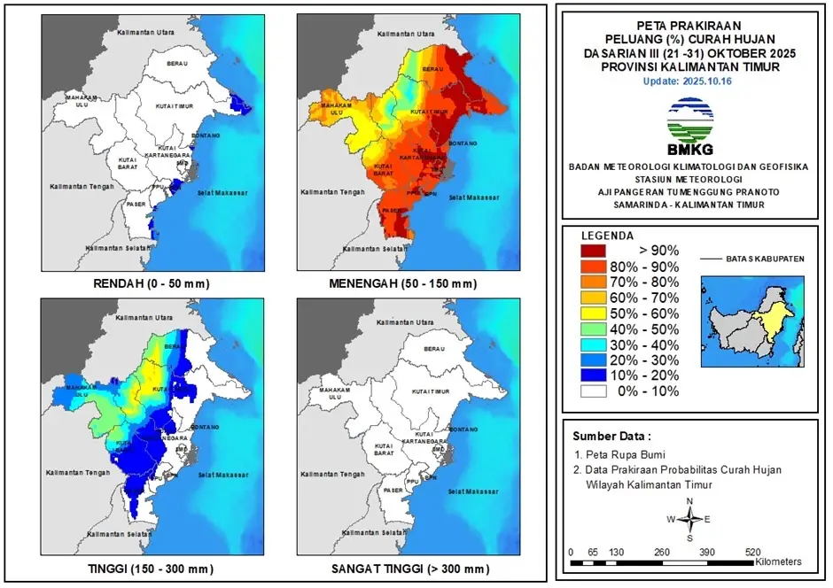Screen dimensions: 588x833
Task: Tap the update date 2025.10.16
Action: click(x=690, y=81)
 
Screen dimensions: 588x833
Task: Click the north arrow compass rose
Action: click(x=690, y=520)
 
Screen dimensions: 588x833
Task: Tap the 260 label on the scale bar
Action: click(x=662, y=552)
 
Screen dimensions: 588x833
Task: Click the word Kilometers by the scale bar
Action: click(x=778, y=562)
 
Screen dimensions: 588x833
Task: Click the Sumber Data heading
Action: click(x=611, y=437)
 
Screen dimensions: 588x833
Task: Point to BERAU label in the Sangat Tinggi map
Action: click(x=434, y=350)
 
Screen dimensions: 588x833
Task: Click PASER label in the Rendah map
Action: click(x=135, y=205)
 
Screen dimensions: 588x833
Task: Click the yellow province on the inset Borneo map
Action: click(x=775, y=314)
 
